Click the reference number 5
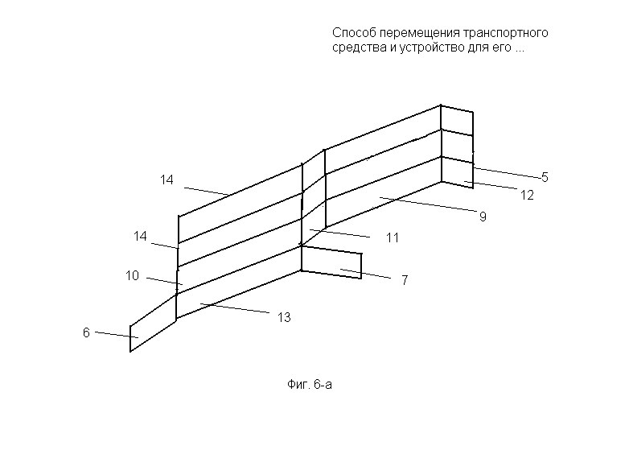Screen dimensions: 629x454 [x=545, y=177]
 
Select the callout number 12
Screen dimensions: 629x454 [x=527, y=195]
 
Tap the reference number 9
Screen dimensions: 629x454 [x=483, y=217]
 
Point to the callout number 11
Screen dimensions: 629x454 [x=393, y=237]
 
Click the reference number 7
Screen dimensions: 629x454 [x=405, y=280]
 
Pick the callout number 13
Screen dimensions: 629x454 [x=284, y=317]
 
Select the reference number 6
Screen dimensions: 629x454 [x=86, y=332]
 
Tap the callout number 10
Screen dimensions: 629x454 [x=132, y=275]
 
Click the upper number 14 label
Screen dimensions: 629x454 [x=166, y=180]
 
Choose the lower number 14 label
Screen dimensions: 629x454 [x=140, y=236]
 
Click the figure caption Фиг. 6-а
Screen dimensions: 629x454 [x=310, y=385]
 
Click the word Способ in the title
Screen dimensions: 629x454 [x=354, y=32]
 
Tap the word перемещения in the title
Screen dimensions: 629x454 [x=419, y=32]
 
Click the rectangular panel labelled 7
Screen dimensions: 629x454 [x=331, y=262]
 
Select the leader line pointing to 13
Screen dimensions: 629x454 [x=235, y=307]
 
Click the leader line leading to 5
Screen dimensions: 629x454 [x=507, y=172]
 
